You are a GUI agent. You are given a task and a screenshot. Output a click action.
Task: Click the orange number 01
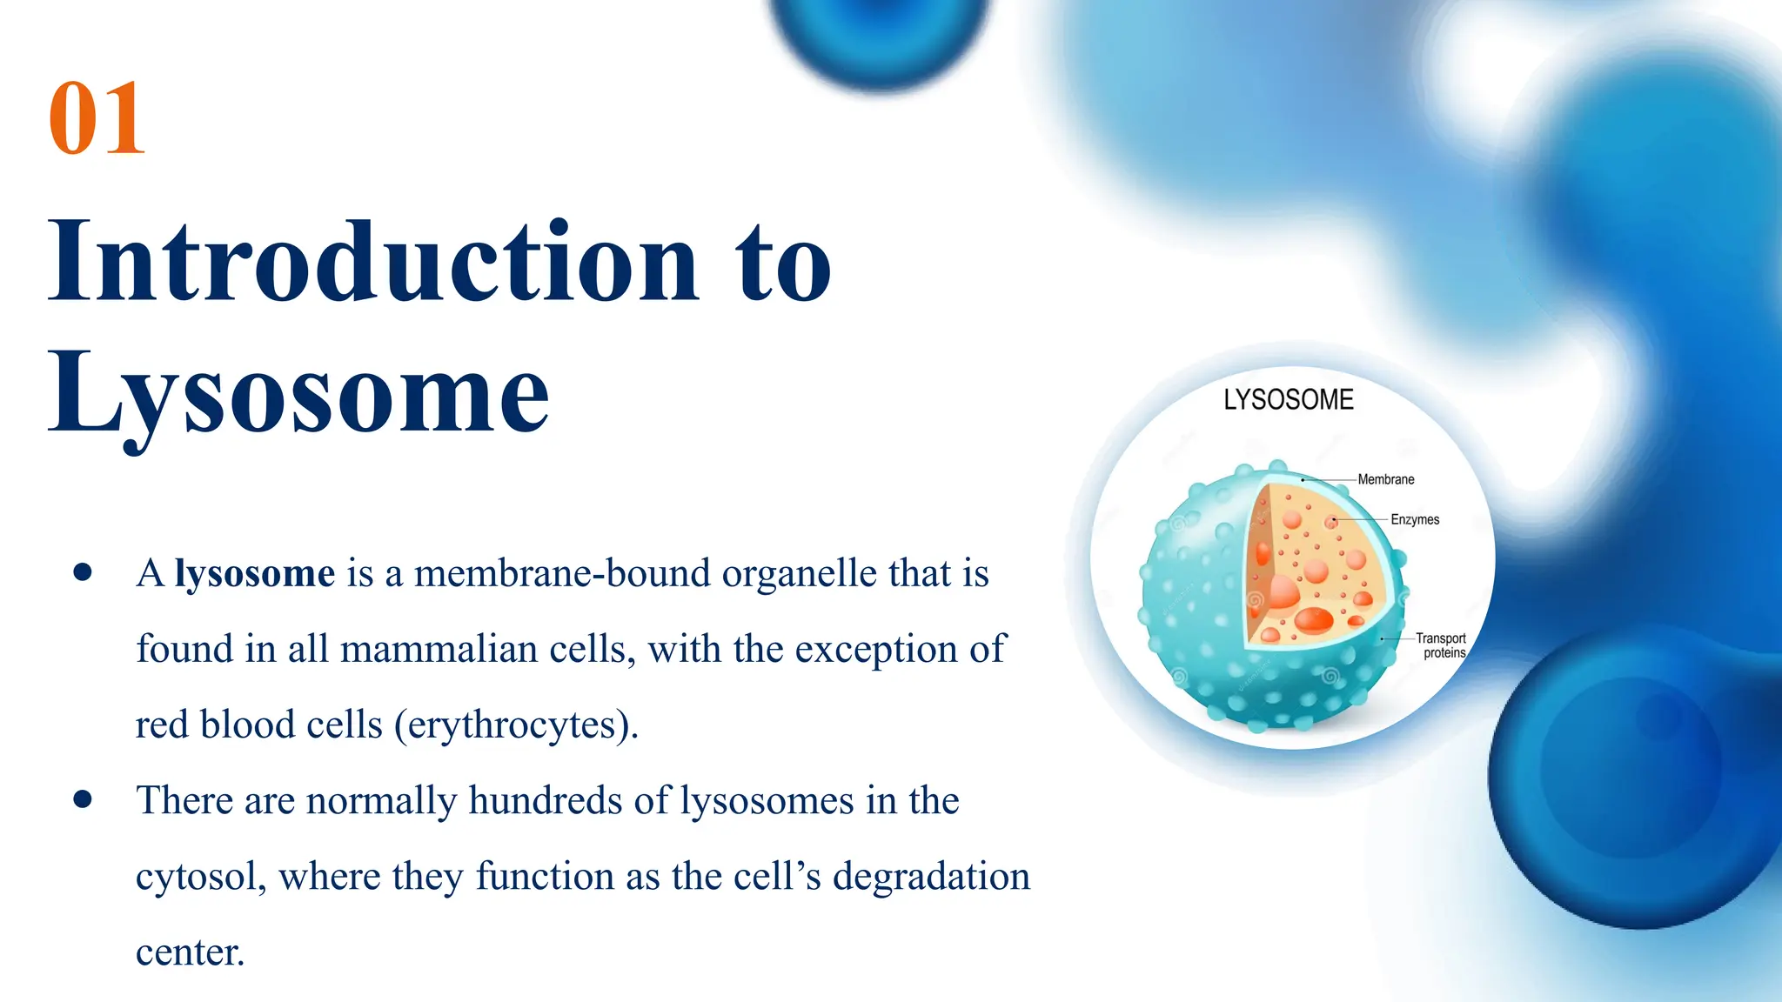pyautogui.click(x=96, y=118)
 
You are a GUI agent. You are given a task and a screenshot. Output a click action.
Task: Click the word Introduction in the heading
pyautogui.click(x=372, y=261)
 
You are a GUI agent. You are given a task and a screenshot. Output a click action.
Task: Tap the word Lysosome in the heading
pyautogui.click(x=298, y=393)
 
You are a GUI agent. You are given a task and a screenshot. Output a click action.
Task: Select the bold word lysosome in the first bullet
pyautogui.click(x=254, y=574)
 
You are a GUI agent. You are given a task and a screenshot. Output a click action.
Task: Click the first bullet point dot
pyautogui.click(x=84, y=572)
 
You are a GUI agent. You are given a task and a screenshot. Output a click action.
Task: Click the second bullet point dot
pyautogui.click(x=84, y=799)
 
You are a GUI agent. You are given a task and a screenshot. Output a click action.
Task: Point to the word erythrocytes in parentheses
pyautogui.click(x=516, y=725)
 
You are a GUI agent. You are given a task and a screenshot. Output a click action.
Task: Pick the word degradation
pyautogui.click(x=930, y=877)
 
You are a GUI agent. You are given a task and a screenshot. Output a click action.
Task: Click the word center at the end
pyautogui.click(x=189, y=952)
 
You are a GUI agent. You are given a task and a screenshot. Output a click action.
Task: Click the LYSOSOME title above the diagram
pyautogui.click(x=1288, y=400)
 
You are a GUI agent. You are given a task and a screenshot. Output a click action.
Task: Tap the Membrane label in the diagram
pyautogui.click(x=1385, y=480)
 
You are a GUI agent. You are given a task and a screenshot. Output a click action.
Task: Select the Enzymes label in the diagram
pyautogui.click(x=1415, y=520)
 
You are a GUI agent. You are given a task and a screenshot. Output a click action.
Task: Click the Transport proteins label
pyautogui.click(x=1442, y=645)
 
